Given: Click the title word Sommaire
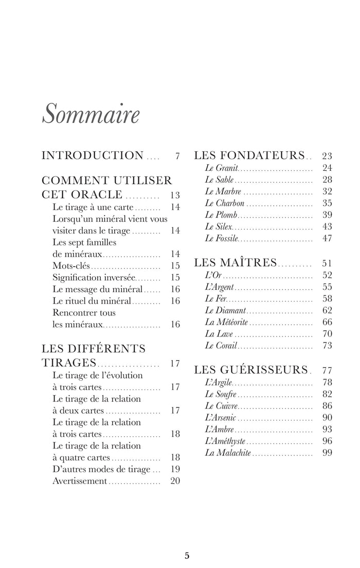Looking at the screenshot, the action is pyautogui.click(x=90, y=114).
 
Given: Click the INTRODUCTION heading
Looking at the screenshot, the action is pyautogui.click(x=93, y=155).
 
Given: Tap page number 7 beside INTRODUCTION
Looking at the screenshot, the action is pyautogui.click(x=177, y=156).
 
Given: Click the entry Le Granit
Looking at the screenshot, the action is pyautogui.click(x=221, y=168).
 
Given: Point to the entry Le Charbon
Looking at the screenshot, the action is pyautogui.click(x=224, y=203).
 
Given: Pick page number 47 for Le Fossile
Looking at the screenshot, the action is pyautogui.click(x=327, y=239).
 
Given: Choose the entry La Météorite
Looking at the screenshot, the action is pyautogui.click(x=226, y=322).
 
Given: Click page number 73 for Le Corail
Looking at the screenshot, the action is pyautogui.click(x=327, y=346).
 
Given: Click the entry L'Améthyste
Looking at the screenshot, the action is pyautogui.click(x=225, y=441).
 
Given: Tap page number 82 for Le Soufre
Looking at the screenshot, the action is pyautogui.click(x=327, y=394).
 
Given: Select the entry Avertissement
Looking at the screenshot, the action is pyautogui.click(x=80, y=481).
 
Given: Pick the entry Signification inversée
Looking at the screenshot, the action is pyautogui.click(x=93, y=277).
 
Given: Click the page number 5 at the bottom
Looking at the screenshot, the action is pyautogui.click(x=187, y=555).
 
